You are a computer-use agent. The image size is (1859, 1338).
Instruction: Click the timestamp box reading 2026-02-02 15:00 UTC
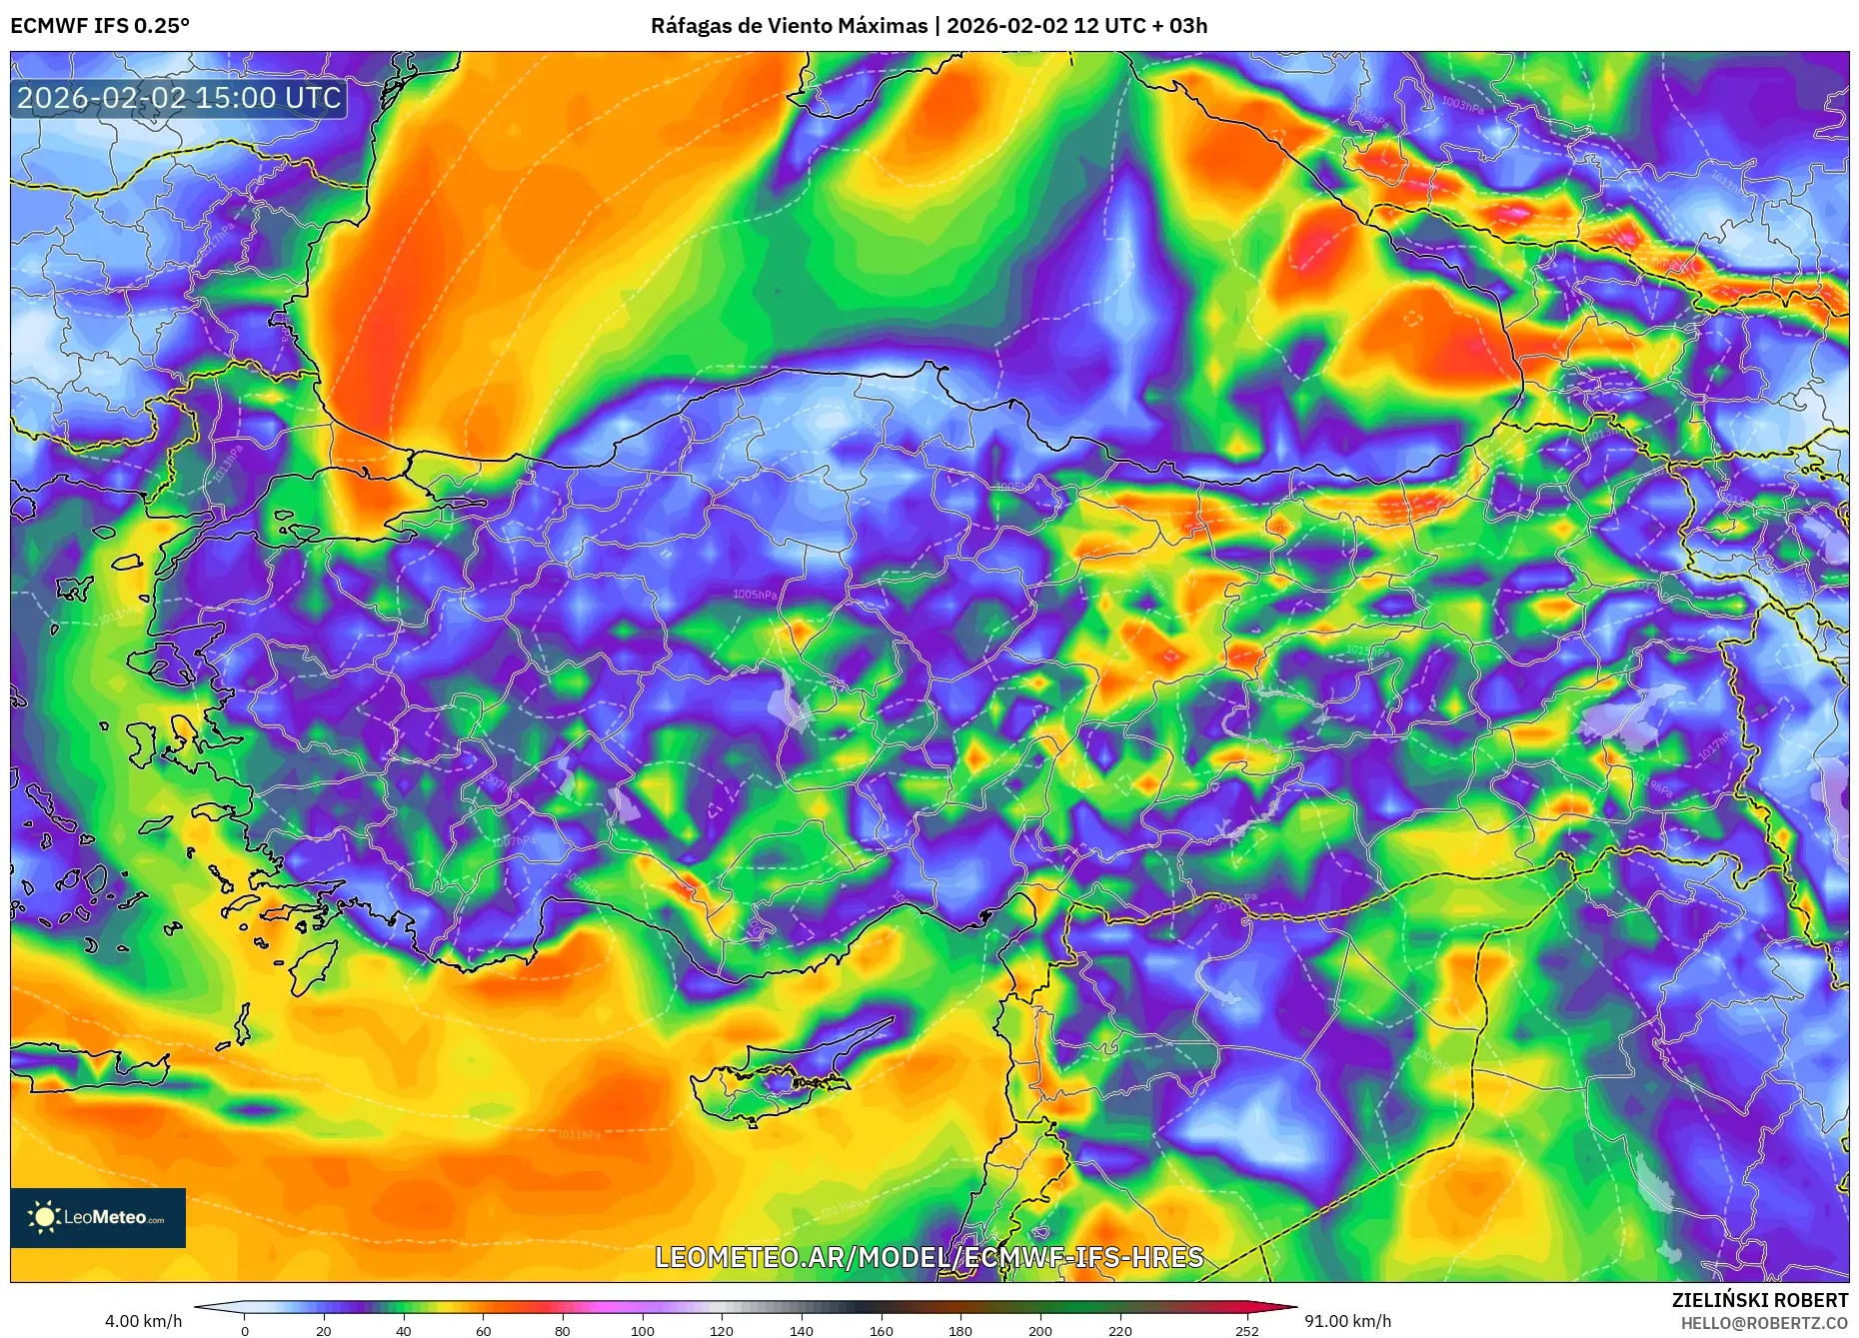[179, 98]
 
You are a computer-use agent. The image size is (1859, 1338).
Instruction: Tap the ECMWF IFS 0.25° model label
[100, 26]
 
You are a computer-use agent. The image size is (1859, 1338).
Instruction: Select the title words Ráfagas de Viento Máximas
[789, 26]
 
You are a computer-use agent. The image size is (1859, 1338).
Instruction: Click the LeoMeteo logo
[98, 1217]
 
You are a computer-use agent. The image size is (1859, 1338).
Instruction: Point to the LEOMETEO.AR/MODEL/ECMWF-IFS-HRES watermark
[929, 1257]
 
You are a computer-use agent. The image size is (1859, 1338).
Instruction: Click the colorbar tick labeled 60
[484, 1330]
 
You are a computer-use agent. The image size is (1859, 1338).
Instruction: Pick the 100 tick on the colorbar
[643, 1330]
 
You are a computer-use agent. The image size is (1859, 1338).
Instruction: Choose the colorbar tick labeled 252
[1246, 1330]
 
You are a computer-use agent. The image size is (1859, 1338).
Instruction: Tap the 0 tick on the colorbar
[245, 1330]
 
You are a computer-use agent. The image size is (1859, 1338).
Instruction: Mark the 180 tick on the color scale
[960, 1330]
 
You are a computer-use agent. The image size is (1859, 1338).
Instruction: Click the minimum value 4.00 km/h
[144, 1321]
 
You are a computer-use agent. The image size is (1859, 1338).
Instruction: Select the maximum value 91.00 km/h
[1347, 1321]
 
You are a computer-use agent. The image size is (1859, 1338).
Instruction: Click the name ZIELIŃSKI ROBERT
[1759, 1300]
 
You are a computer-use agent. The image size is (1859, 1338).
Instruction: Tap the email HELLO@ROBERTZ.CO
[1764, 1323]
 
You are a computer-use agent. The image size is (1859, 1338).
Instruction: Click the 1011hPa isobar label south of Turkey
[579, 1134]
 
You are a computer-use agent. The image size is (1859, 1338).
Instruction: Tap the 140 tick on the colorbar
[802, 1330]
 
